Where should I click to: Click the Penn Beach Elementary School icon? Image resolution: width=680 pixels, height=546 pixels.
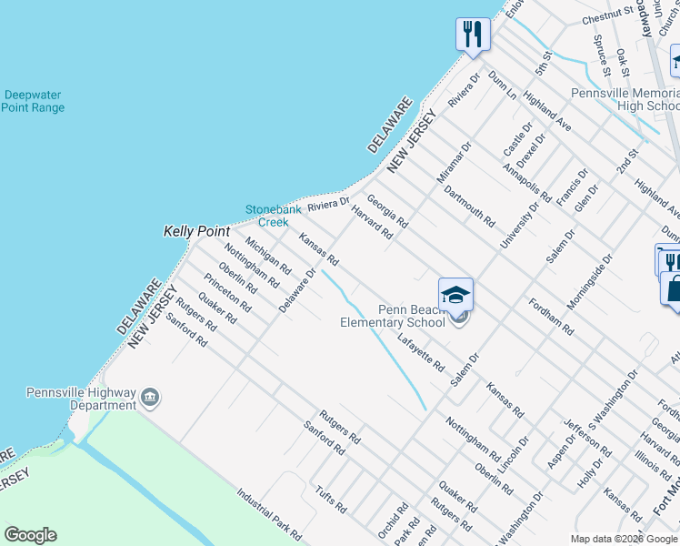click(455, 295)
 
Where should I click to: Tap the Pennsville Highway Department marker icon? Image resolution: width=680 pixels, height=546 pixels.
click(151, 398)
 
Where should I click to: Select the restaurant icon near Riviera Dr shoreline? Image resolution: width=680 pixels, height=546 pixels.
click(473, 35)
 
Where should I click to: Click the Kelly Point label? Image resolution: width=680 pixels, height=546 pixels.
click(196, 232)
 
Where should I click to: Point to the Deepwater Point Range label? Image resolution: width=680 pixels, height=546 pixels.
click(33, 101)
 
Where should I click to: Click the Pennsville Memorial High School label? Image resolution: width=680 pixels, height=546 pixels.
click(624, 99)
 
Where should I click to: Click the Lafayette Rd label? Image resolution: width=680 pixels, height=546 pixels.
click(421, 354)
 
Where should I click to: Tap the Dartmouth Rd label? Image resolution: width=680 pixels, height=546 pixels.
click(469, 207)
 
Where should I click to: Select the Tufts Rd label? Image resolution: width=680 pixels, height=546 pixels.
click(329, 492)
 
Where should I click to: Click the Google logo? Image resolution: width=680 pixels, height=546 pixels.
click(30, 535)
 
